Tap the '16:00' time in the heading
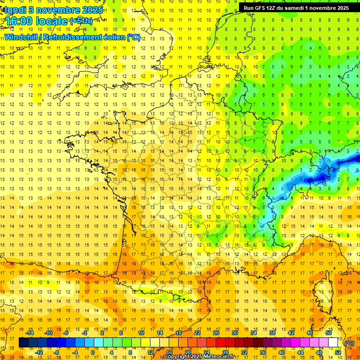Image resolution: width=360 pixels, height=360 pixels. coord(20,21)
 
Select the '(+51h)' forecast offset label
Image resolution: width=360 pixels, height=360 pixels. coord(81,21)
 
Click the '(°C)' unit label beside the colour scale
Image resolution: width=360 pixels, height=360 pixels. coord(349,343)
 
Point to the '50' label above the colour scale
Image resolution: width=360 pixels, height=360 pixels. coord(329,333)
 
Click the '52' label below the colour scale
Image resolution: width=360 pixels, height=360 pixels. coord(338,352)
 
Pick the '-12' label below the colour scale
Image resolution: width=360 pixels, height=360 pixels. coord(39,352)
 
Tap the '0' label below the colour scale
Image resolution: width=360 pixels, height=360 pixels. coord(92,352)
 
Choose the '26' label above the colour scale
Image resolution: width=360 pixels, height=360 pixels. coord(216,333)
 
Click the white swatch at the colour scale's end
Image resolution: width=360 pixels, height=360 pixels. coord(333,343)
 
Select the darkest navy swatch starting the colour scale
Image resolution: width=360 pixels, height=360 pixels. coord(23,343)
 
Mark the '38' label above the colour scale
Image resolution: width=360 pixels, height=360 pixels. coord(272,333)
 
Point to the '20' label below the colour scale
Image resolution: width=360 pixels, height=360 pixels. coord(187,352)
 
